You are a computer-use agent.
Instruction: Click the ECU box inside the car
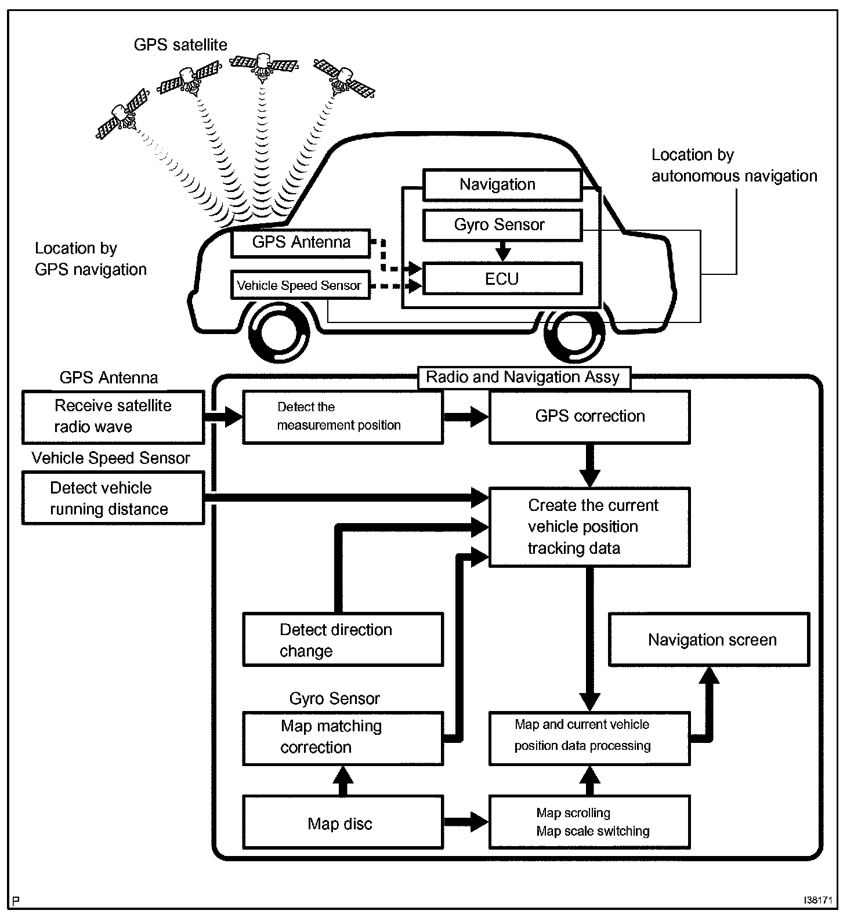coord(502,278)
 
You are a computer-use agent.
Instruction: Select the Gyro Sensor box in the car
coord(502,225)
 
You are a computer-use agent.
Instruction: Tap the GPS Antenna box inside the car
coord(301,243)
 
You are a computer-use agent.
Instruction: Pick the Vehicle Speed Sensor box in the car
coord(300,285)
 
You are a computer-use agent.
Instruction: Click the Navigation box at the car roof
coord(502,185)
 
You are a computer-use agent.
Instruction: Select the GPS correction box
coord(590,417)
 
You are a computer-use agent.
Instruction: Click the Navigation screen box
coord(709,640)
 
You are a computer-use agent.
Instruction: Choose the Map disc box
coord(343,823)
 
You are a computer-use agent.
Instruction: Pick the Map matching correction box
coord(343,738)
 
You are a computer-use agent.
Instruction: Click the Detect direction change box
coord(343,640)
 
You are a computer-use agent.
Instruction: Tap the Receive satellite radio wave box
coord(113,417)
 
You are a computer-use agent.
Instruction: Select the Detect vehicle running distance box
coord(113,498)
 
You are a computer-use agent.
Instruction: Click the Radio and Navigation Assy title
coord(523,377)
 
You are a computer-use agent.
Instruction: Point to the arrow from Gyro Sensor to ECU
coord(503,251)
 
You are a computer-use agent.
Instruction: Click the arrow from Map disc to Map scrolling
coord(466,822)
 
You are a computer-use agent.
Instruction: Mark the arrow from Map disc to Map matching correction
coord(343,781)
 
